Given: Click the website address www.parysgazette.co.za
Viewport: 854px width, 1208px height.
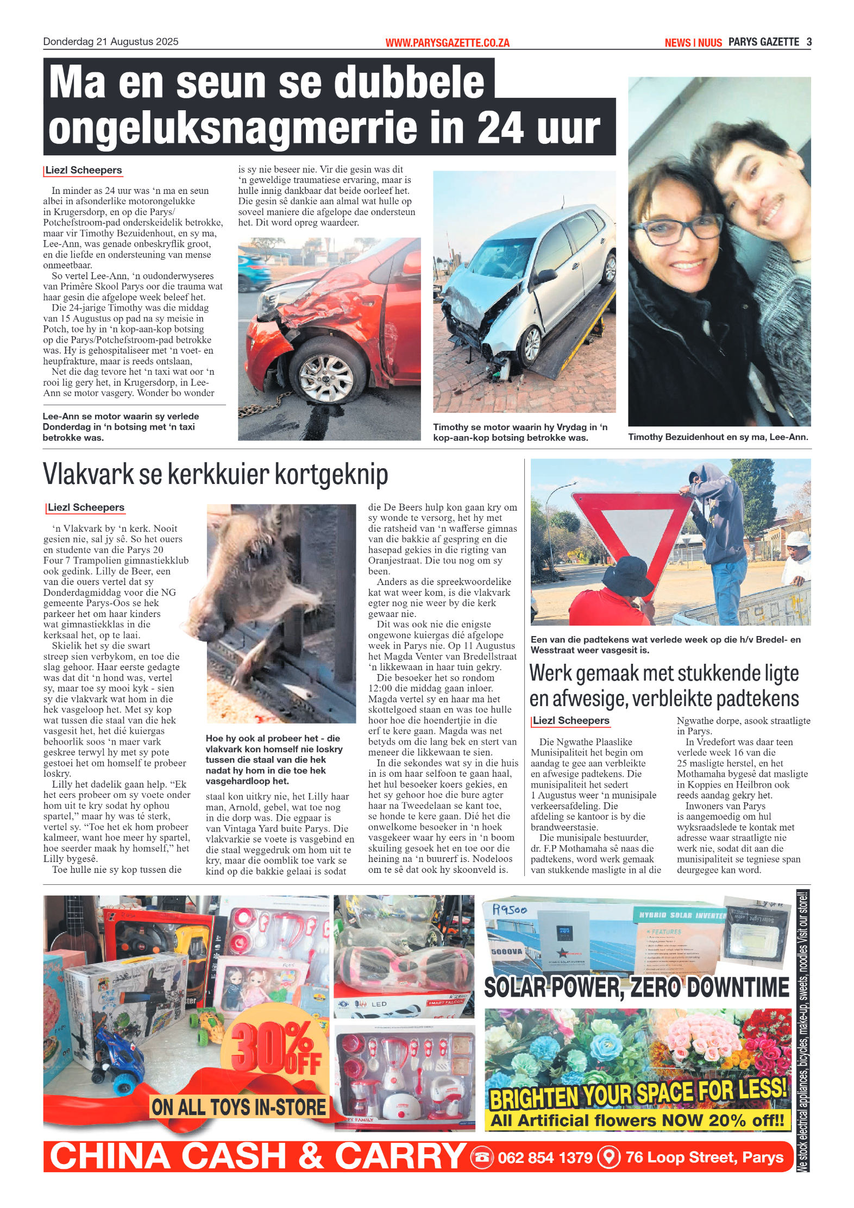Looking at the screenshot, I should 447,43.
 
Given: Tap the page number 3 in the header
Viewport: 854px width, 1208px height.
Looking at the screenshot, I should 809,42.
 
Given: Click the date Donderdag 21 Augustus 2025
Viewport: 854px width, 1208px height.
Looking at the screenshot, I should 111,42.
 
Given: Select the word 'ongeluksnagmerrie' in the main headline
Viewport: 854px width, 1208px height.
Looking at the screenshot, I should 233,129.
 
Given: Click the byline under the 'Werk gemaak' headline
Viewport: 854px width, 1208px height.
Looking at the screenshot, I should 571,721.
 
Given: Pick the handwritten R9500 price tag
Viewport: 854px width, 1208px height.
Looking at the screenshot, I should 509,910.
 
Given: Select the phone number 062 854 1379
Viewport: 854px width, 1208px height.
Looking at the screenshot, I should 545,1157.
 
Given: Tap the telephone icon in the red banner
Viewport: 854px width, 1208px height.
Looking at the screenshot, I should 481,1157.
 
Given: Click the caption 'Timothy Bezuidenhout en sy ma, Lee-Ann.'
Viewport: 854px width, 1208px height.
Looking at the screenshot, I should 718,437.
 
